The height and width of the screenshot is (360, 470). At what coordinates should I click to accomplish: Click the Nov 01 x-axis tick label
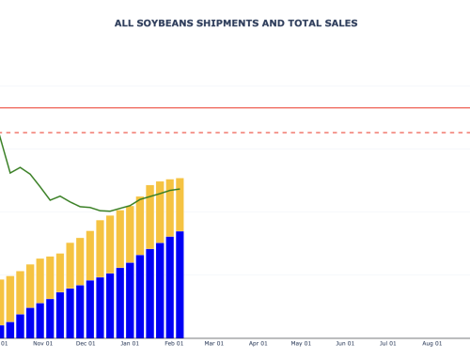(42, 344)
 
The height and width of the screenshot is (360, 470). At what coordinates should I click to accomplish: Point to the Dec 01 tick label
(86, 344)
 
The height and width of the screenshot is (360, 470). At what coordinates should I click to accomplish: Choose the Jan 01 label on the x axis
(130, 344)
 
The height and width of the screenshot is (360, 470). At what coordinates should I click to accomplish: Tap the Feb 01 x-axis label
(174, 344)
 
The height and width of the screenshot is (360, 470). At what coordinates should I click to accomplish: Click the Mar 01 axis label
(214, 344)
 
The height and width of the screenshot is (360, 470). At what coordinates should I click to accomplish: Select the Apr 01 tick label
(258, 344)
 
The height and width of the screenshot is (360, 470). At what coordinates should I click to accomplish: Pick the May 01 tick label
(301, 344)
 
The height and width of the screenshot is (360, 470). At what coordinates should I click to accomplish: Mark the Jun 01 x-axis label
(345, 344)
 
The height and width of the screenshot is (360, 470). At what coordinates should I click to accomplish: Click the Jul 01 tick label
(387, 344)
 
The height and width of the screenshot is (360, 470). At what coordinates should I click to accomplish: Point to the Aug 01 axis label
(431, 344)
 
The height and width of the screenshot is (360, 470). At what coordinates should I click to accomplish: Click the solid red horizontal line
(282, 108)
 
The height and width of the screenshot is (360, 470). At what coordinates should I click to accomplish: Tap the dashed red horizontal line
(282, 133)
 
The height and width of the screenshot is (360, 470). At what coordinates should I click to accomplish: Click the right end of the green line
(179, 189)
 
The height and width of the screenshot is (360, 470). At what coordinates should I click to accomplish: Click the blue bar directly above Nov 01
(40, 320)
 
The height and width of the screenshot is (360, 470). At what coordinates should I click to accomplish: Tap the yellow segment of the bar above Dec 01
(90, 256)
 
